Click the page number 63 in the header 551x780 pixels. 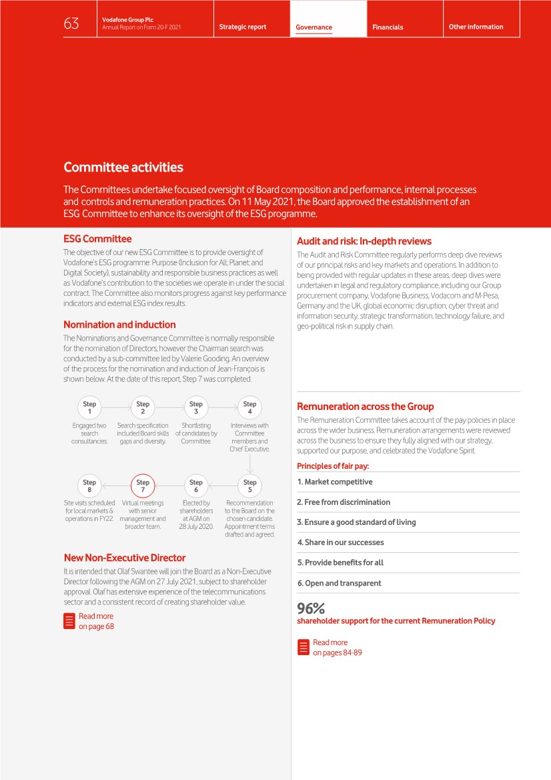71,24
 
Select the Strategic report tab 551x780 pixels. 243,27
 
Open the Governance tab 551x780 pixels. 314,27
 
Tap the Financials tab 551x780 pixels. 388,27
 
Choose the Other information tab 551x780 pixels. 476,27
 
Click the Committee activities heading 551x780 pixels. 123,167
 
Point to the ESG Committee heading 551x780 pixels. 97,238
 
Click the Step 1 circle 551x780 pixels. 89,407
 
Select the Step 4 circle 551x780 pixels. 249,407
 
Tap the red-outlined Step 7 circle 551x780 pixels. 143,485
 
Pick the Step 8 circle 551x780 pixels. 89,485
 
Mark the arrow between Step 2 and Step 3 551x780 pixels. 169,407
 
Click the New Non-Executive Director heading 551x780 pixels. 125,558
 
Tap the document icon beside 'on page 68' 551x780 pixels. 69,621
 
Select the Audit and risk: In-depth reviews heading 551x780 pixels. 364,241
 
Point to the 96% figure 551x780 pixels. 311,608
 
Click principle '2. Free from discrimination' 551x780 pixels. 344,502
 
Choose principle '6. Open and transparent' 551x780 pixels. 340,583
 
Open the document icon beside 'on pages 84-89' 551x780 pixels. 303,647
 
